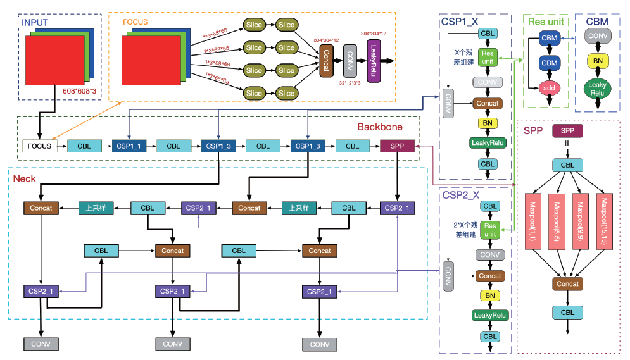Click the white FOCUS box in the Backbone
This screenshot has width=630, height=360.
39,146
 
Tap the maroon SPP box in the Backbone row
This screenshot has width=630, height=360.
397,146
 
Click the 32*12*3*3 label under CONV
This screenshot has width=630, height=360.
350,83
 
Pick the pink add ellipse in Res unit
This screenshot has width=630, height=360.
549,89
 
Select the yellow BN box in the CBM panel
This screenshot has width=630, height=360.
597,61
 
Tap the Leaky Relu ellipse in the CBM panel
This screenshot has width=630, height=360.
597,89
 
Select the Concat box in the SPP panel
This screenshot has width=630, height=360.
567,284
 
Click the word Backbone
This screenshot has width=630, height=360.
379,127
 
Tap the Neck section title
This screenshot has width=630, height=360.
24,179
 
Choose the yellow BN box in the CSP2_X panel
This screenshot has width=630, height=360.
489,295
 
